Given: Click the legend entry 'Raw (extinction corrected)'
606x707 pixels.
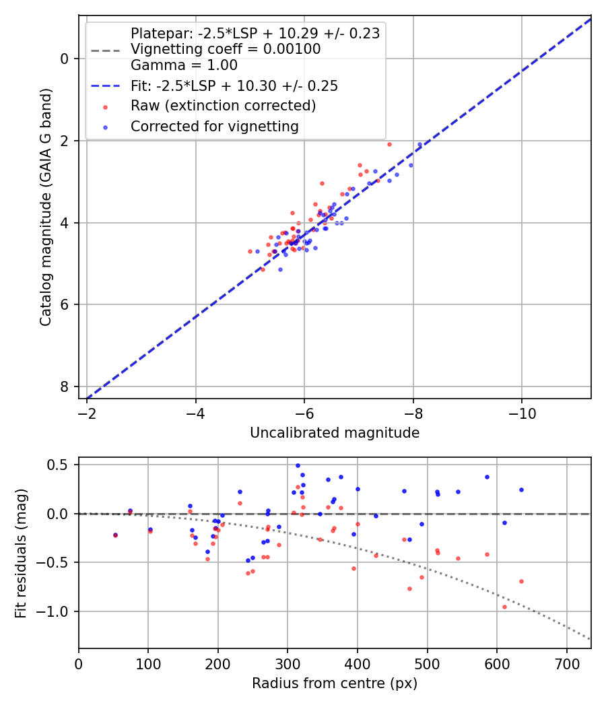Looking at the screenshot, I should tap(223, 106).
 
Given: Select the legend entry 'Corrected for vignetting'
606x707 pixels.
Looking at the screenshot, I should tap(214, 126).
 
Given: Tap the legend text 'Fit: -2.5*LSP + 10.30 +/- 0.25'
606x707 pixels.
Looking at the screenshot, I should tap(234, 86).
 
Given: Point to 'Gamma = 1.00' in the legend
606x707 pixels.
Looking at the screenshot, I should tap(184, 66).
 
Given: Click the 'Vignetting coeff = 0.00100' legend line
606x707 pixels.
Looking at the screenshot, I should tap(226, 49).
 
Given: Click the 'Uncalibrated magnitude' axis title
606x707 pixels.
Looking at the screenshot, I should tap(335, 433).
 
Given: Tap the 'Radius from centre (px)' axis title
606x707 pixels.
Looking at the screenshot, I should tap(335, 683).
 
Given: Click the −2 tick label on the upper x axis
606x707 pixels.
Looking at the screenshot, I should tap(87, 413).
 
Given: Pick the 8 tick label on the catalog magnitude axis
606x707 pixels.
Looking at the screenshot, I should tap(65, 386).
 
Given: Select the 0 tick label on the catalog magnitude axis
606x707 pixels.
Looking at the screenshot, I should tap(65, 59).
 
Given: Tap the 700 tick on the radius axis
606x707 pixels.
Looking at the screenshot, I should tap(566, 663).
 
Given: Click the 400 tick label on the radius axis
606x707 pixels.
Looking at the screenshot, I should tap(358, 663).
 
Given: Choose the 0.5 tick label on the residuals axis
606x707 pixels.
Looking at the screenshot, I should tap(59, 465).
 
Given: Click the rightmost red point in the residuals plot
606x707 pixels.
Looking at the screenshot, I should tap(521, 581).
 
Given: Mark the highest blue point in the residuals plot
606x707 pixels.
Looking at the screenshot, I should tap(298, 465).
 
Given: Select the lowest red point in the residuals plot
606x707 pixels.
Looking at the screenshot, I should tap(504, 607).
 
